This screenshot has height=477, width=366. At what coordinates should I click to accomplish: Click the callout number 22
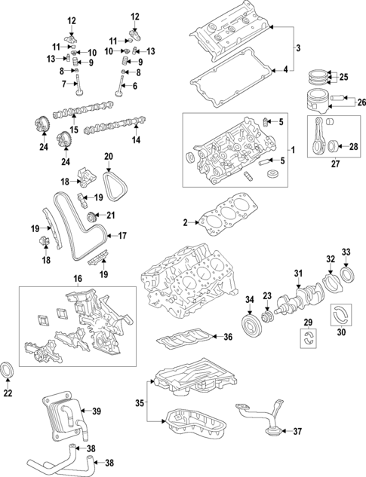point(8,393)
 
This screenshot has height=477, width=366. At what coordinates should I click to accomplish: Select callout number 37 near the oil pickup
point(297,432)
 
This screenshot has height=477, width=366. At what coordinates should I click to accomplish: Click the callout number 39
point(96,411)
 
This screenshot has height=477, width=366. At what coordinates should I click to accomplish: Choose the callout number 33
point(346,251)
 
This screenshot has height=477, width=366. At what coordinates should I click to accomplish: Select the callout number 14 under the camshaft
point(137,140)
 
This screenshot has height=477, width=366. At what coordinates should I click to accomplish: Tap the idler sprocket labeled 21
point(94,219)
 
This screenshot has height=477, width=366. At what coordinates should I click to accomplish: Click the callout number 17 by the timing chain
point(121,234)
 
